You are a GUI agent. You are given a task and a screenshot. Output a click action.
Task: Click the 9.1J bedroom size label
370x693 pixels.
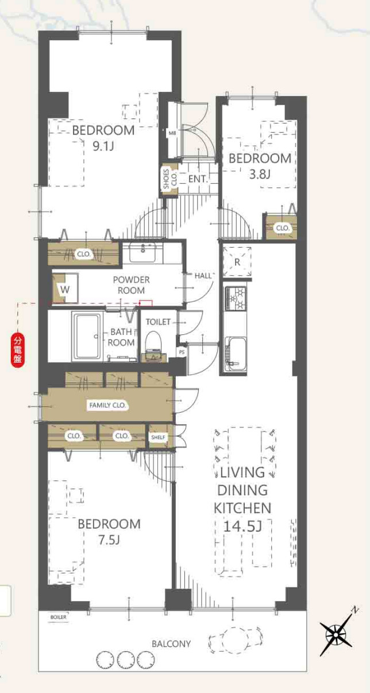click(103, 146)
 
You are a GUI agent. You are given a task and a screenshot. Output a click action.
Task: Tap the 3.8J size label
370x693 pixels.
click(260, 174)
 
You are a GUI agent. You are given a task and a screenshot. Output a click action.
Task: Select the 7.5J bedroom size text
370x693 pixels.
click(109, 540)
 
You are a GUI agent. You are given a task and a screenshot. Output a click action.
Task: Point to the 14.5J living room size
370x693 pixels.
click(242, 526)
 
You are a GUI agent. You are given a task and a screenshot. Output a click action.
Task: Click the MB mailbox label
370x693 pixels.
click(172, 133)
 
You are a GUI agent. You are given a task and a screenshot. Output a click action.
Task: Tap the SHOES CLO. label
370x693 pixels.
click(170, 179)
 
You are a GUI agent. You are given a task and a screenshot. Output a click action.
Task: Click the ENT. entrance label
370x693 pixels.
click(198, 179)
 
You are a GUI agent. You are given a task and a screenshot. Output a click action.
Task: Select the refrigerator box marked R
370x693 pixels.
click(237, 262)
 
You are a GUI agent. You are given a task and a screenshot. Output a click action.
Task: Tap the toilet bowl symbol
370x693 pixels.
click(153, 342)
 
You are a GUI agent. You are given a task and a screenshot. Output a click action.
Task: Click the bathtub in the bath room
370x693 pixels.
click(87, 336)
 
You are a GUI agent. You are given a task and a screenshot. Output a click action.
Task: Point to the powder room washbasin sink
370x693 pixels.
click(142, 252)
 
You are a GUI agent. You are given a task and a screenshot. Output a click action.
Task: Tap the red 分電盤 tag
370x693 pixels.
click(18, 350)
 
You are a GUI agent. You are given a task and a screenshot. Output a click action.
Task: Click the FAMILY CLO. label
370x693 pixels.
click(107, 405)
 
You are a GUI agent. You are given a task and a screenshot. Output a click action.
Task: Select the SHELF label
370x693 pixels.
click(158, 437)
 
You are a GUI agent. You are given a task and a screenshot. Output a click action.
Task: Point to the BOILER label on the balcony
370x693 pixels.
click(58, 617)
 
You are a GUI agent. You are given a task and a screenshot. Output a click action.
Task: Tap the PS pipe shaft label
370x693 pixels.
click(182, 352)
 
